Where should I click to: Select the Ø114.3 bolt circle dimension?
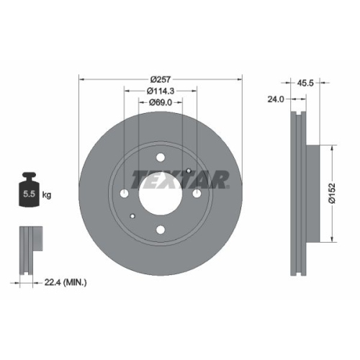(x=161, y=91)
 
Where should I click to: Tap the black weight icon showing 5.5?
(x=30, y=190)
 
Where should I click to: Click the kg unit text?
(x=47, y=195)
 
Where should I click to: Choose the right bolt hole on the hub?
(x=196, y=194)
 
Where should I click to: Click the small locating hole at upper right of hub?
(x=188, y=171)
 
